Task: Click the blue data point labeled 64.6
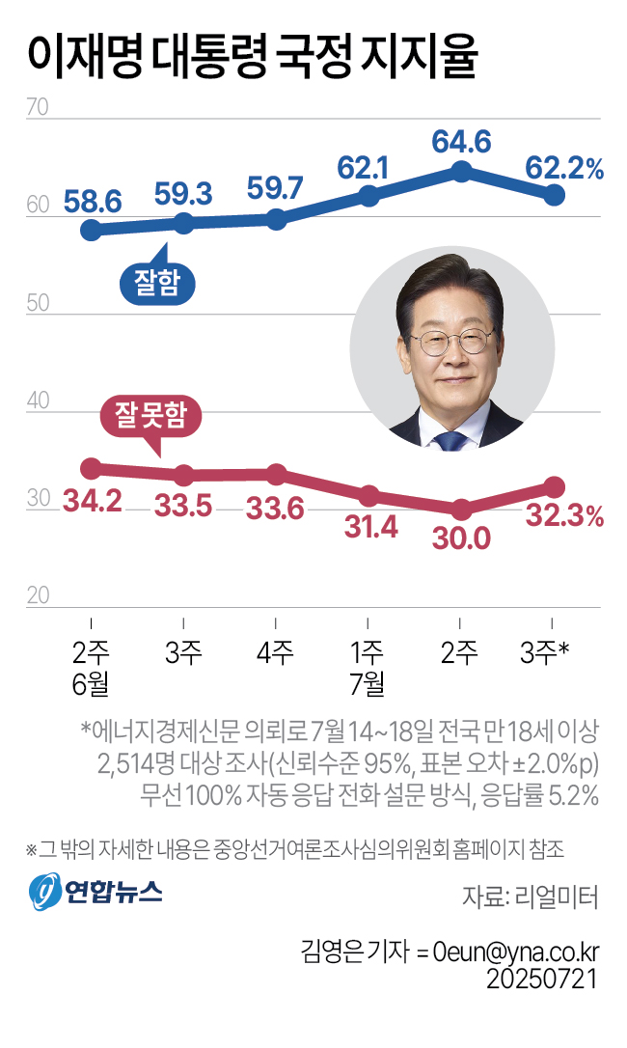pyautogui.click(x=461, y=172)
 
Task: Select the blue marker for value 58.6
pyautogui.click(x=91, y=230)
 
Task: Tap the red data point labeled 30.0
pyautogui.click(x=461, y=510)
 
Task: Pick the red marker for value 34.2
pyautogui.click(x=91, y=468)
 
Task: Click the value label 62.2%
pyautogui.click(x=564, y=169)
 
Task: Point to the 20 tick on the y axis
pyautogui.click(x=38, y=595)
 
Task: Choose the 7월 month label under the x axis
pyautogui.click(x=368, y=685)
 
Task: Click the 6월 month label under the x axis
pyautogui.click(x=90, y=685)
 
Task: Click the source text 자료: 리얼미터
pyautogui.click(x=531, y=896)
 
